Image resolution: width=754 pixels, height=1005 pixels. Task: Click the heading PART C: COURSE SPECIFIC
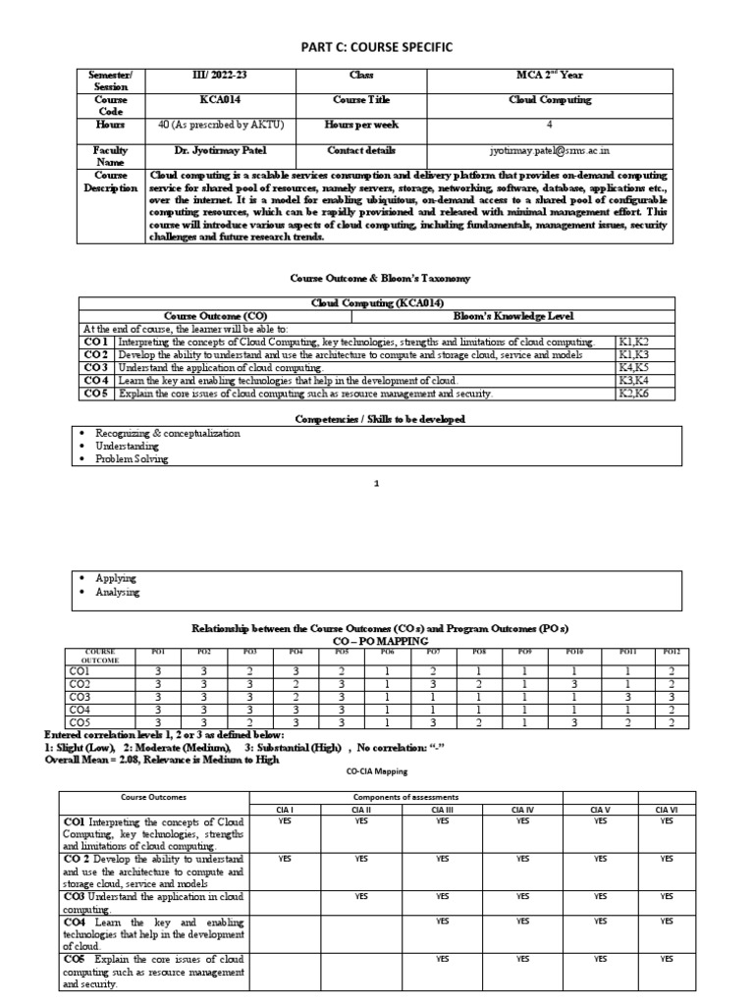tap(376, 47)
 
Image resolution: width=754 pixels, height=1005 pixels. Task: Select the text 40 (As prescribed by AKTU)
tap(220, 125)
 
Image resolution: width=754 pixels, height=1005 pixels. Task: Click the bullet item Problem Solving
tap(132, 458)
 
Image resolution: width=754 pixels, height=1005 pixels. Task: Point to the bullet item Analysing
tap(117, 592)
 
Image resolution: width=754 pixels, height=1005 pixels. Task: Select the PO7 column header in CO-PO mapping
tap(432, 652)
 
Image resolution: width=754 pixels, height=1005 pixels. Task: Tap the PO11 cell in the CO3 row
tap(627, 695)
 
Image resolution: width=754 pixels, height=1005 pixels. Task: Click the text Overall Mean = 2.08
tap(101, 760)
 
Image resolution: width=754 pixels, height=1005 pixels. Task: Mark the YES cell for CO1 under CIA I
tap(285, 821)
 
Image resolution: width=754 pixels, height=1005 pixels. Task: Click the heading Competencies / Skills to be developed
tap(376, 419)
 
